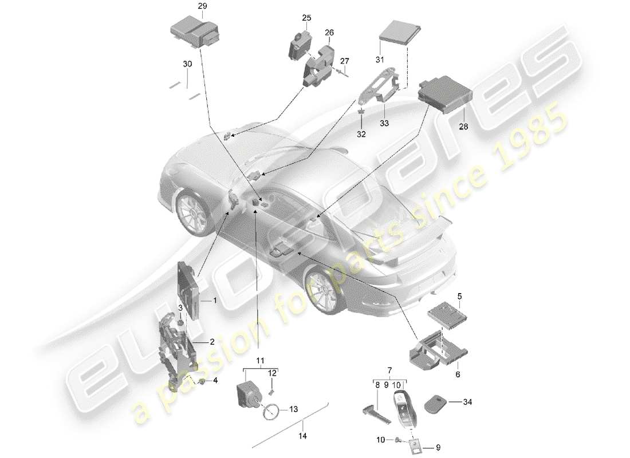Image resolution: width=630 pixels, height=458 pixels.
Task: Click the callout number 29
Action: pos(186,6)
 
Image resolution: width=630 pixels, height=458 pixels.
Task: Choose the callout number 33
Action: pos(383,122)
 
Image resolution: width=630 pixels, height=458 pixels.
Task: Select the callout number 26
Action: pos(329,33)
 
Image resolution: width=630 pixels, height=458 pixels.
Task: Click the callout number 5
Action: pos(459,296)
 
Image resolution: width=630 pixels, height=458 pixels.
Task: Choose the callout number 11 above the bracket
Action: pos(261,361)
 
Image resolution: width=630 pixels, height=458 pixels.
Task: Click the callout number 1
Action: pos(215,300)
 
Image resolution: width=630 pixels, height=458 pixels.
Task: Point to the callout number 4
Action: pos(215,380)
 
